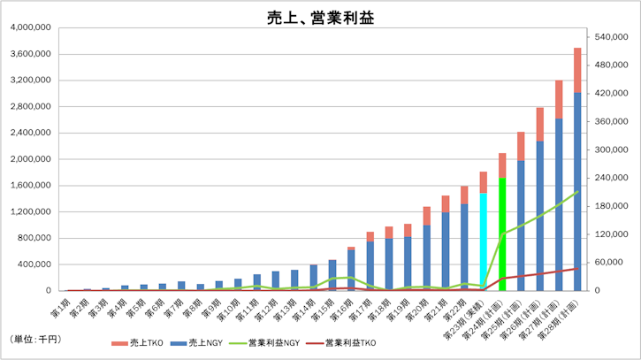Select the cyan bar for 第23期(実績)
483,241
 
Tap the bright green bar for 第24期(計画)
502,234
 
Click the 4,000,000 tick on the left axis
30,28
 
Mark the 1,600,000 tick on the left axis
30,186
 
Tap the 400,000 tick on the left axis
34,264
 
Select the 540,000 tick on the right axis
613,37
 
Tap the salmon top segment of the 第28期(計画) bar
577,69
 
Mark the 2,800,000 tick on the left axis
30,107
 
